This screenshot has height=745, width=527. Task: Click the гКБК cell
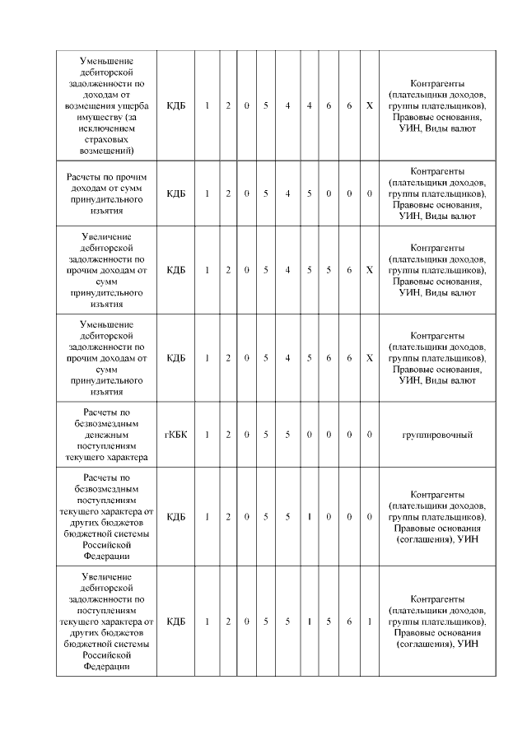click(175, 434)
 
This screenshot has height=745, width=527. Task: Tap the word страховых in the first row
click(105, 140)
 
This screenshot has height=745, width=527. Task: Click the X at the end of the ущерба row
click(369, 106)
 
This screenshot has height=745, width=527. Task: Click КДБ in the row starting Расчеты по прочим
click(175, 193)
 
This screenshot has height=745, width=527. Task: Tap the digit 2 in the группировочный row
click(228, 434)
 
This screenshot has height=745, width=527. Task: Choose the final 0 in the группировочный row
click(369, 434)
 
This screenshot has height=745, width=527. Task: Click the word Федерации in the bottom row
click(105, 666)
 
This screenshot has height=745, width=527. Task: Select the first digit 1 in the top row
click(207, 106)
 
